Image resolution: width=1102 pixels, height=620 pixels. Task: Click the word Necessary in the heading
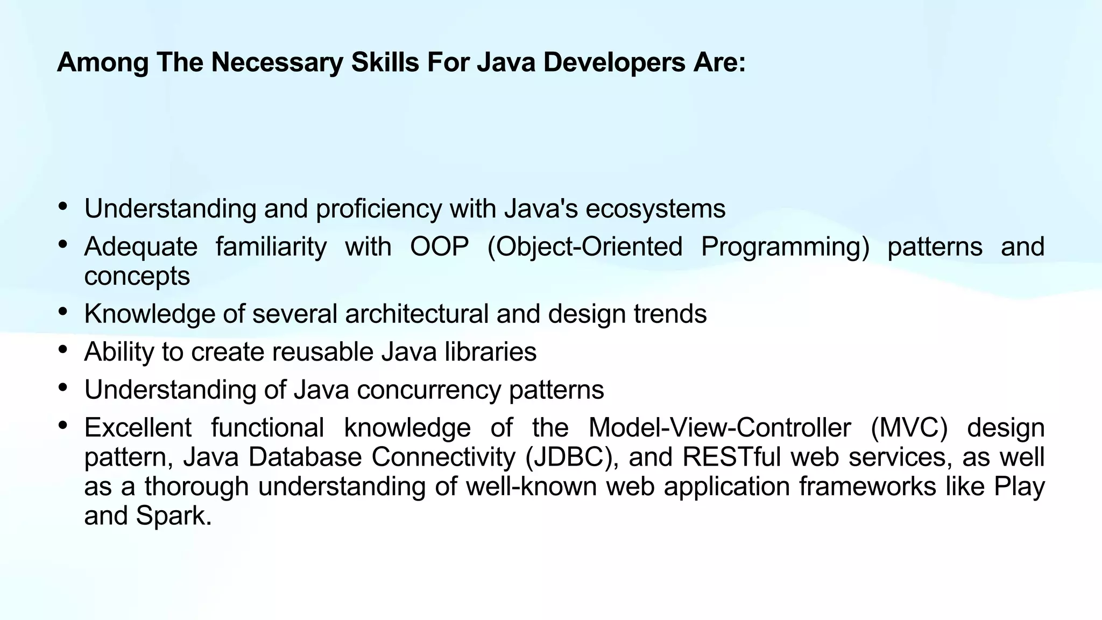[277, 62]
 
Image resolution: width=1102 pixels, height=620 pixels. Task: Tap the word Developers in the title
[613, 62]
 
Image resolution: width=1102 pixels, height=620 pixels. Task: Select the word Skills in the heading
[385, 62]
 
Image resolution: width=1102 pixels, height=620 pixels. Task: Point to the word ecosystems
[655, 209]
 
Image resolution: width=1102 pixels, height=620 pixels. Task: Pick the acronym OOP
[439, 247]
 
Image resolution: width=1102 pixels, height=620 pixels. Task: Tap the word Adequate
[141, 247]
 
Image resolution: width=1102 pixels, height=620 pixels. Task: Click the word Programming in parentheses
[785, 247]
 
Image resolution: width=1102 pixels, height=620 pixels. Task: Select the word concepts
[137, 276]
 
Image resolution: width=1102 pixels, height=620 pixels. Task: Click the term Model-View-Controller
[720, 428]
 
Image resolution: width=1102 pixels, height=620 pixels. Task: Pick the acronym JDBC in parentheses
[573, 457]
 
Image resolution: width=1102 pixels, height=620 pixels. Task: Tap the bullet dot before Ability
[63, 350]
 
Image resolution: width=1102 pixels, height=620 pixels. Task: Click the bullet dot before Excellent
[63, 426]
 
